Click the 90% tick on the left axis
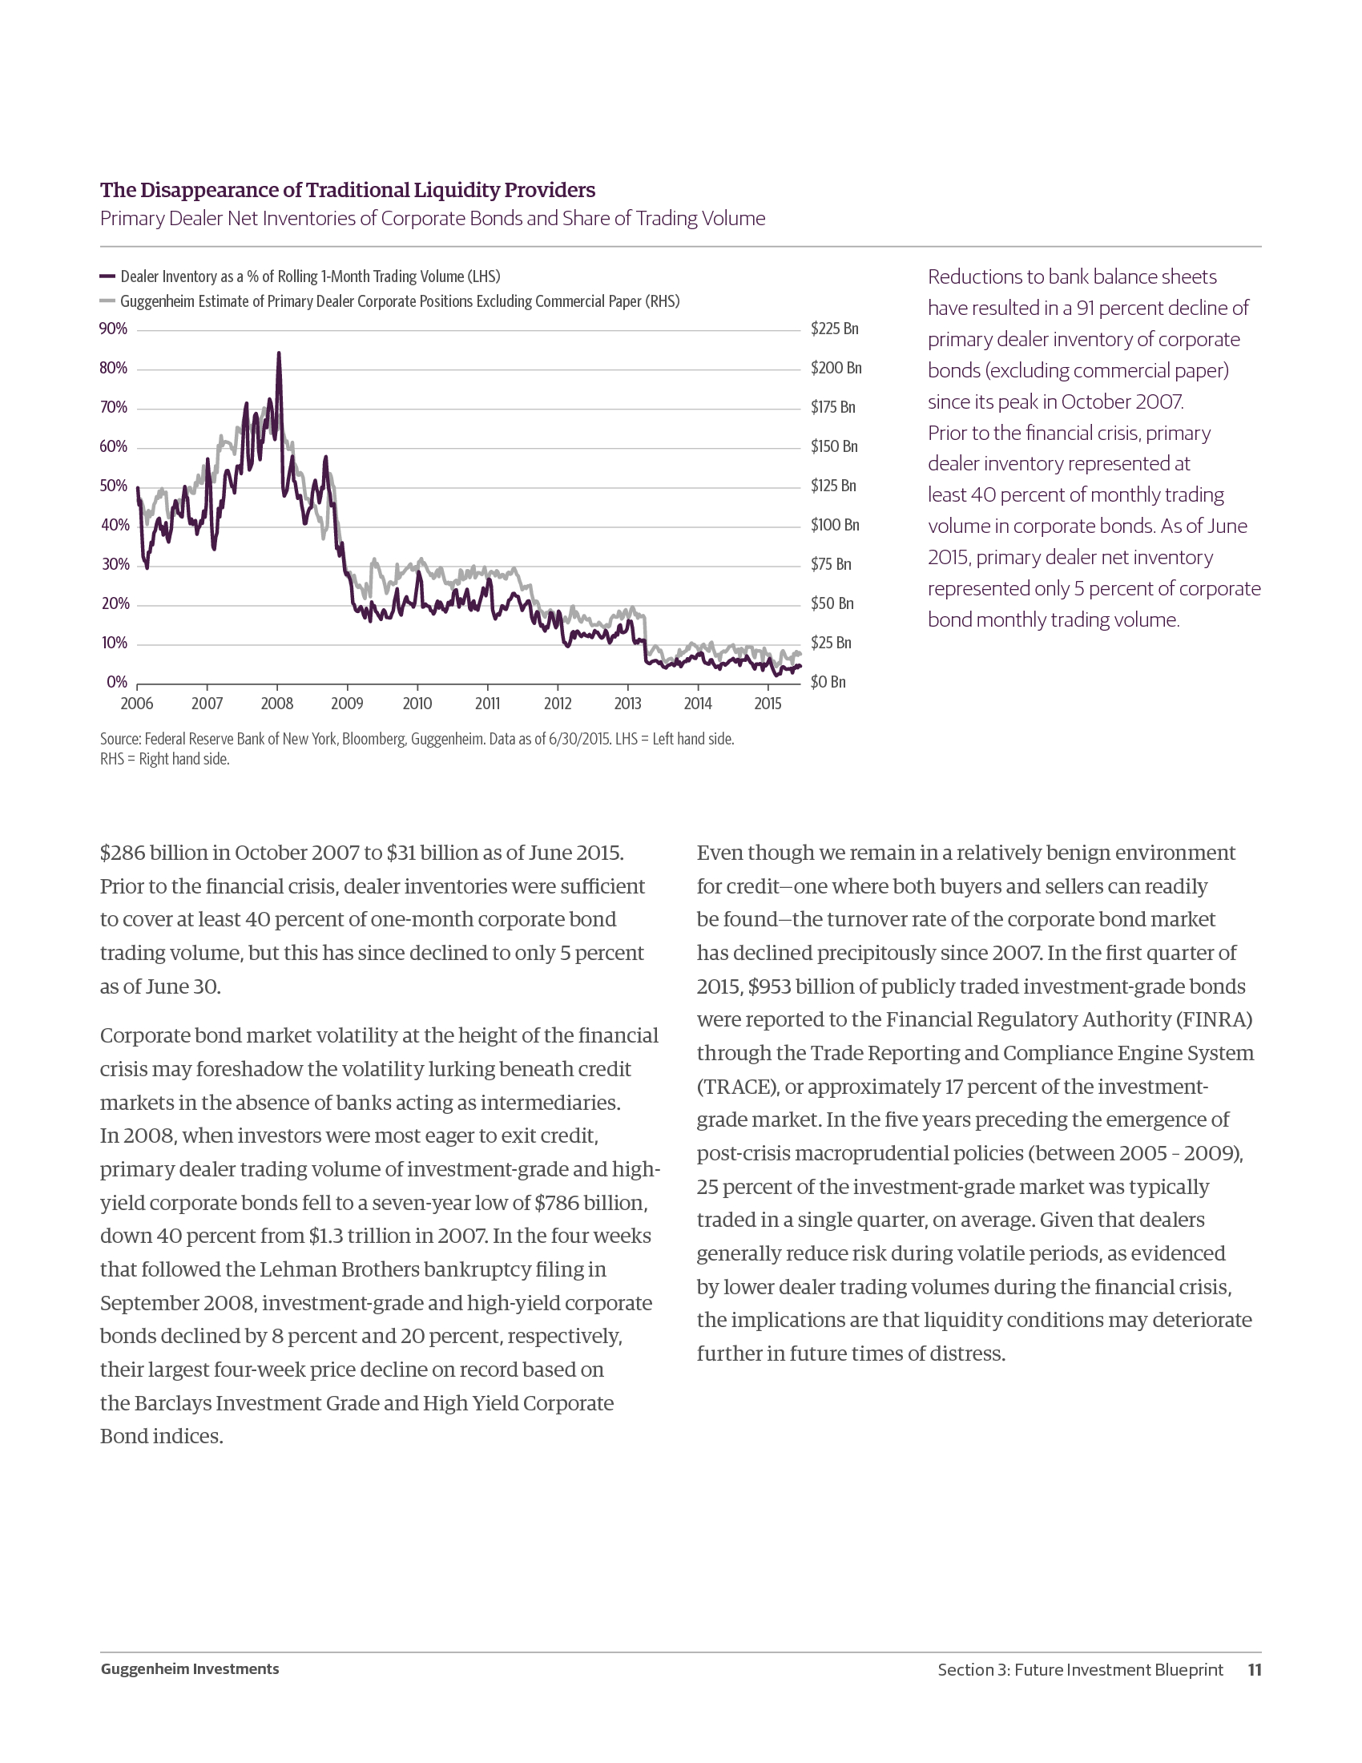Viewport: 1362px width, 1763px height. point(113,329)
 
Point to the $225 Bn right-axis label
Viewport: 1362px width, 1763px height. point(834,329)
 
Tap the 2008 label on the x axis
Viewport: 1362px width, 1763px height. point(276,704)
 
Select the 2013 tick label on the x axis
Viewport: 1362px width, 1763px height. point(628,704)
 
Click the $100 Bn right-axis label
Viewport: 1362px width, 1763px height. point(835,526)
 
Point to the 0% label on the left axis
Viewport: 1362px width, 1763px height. point(117,683)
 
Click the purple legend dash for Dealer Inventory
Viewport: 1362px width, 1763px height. point(107,276)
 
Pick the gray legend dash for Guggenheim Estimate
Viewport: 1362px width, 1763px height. point(107,301)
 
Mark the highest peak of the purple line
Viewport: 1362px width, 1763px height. point(278,353)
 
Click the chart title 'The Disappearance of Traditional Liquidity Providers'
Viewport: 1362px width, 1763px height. point(347,190)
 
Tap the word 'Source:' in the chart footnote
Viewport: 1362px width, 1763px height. point(120,740)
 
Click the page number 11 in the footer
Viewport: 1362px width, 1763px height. point(1254,1670)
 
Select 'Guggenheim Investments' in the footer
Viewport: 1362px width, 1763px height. point(190,1669)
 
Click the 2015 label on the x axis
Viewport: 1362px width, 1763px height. point(768,704)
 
